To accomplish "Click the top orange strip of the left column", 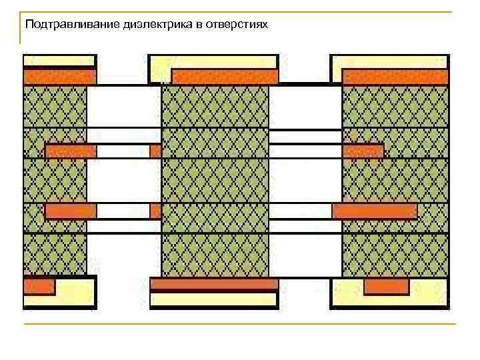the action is click(x=59, y=77).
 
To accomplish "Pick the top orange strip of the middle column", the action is click(x=225, y=77).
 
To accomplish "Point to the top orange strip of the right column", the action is click(x=395, y=77).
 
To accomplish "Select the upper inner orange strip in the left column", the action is click(x=71, y=151).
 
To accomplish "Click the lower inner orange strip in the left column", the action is click(x=71, y=211).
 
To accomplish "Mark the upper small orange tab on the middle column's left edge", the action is click(x=156, y=151).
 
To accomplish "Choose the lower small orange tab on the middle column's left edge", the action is click(x=156, y=211).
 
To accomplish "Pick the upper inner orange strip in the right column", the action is click(x=363, y=151).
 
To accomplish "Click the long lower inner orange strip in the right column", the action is click(x=375, y=211).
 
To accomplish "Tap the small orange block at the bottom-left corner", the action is click(x=39, y=287).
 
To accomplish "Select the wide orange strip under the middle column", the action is click(x=213, y=284).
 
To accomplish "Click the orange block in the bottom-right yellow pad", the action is click(x=386, y=287).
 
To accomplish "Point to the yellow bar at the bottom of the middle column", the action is click(x=213, y=299).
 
